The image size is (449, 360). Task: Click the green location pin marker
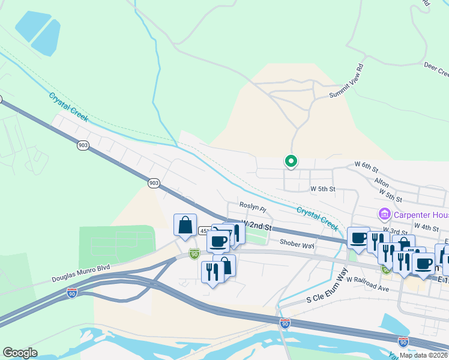291,161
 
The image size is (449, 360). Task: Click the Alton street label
381,181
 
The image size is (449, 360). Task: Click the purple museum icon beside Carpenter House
384,214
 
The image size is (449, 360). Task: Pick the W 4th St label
427,227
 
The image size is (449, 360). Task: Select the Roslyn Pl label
252,205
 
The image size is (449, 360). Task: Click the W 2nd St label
258,226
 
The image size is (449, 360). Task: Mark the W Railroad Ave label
368,288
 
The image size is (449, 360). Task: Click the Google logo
19,353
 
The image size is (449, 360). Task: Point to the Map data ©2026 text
424,355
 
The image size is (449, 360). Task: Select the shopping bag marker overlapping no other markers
185,226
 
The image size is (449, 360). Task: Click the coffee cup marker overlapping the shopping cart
218,241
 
